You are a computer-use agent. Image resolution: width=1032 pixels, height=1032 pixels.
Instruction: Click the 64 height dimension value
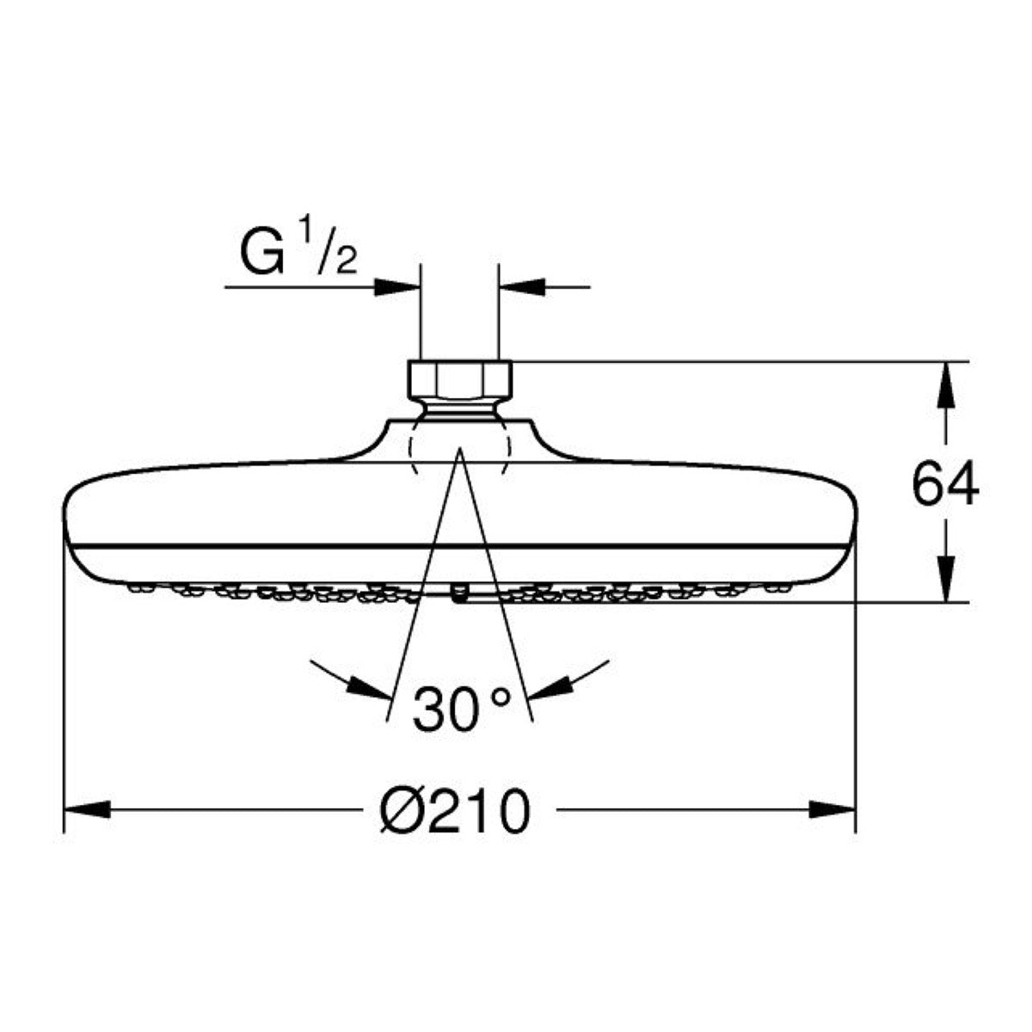944,486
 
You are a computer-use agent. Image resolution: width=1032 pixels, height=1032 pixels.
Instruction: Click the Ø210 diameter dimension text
455,826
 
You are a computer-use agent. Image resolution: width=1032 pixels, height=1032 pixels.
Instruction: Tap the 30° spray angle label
461,709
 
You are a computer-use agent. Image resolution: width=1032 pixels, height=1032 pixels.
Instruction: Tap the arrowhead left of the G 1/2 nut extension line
396,287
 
